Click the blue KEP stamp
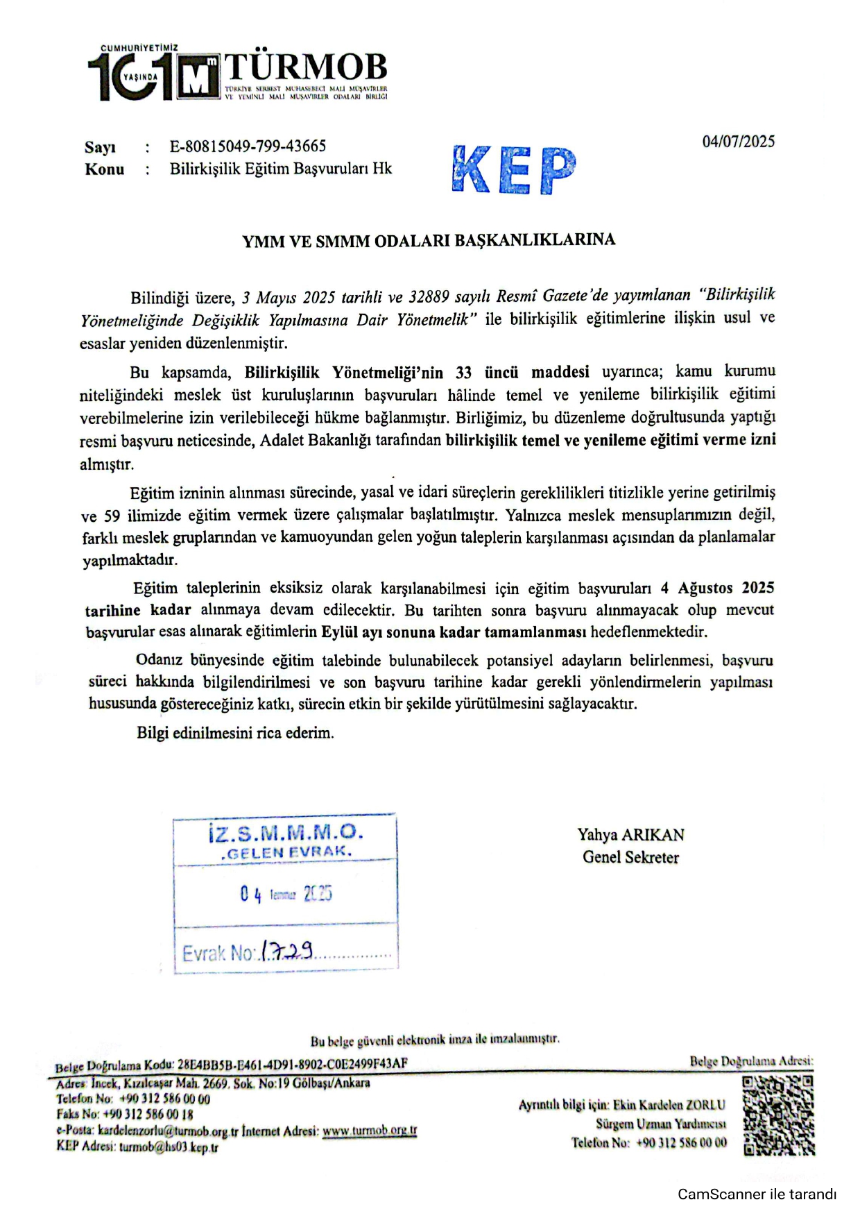coord(513,169)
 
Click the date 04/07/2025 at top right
coord(738,142)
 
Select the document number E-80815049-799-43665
coord(248,146)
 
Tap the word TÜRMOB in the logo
coord(305,67)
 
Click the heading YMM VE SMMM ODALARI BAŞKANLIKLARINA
coord(429,241)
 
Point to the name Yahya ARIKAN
coord(630,834)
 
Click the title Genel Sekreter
coord(630,857)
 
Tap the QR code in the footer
coord(777,1115)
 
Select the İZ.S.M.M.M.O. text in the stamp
coord(285,832)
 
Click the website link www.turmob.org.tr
coord(370,1131)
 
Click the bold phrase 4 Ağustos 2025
coord(717,588)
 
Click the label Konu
coord(104,169)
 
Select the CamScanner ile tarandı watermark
coord(757,1194)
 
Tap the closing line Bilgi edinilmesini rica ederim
coord(235,733)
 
